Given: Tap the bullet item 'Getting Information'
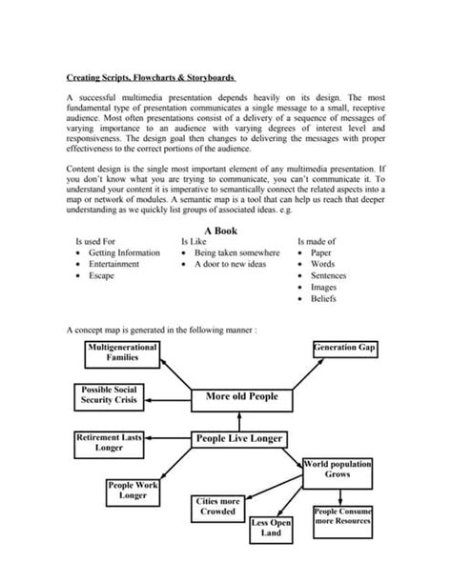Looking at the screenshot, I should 124,253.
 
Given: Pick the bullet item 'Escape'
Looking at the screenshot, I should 100,275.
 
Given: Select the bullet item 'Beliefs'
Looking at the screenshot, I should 323,298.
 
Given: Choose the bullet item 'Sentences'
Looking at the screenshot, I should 328,275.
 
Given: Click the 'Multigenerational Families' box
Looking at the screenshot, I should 121,352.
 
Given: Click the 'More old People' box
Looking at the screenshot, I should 242,395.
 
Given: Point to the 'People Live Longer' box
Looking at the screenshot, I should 238,439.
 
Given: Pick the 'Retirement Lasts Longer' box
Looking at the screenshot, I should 109,442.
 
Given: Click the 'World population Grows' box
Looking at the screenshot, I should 337,469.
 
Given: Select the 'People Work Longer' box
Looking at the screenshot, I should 133,491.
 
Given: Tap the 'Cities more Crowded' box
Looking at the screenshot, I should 216,506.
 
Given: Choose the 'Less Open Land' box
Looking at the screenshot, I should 271,530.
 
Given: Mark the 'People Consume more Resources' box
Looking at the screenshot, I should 342,517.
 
